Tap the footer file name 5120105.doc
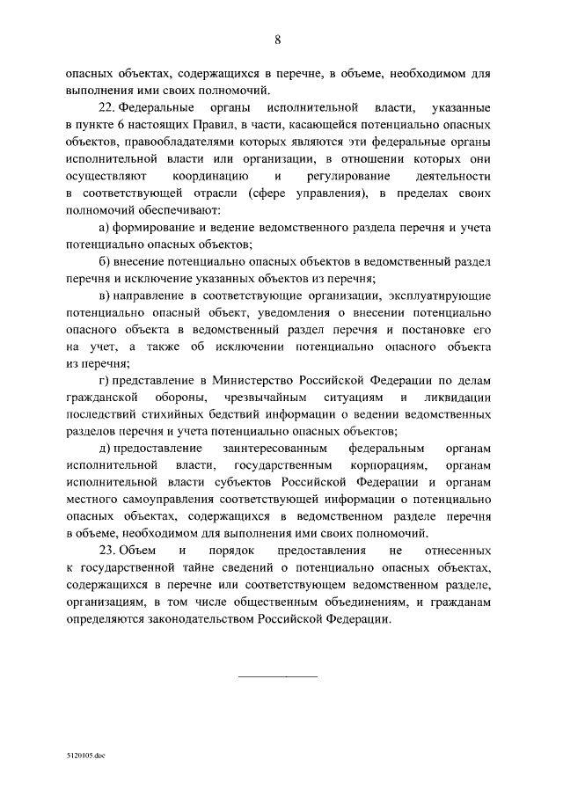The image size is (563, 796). [84, 756]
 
